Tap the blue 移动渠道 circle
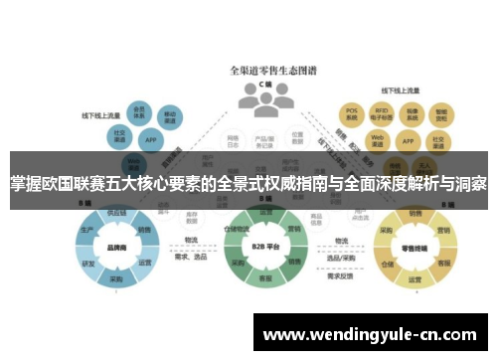coord(171,116)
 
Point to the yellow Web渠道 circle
coord(377,139)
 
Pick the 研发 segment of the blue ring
coord(89,265)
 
